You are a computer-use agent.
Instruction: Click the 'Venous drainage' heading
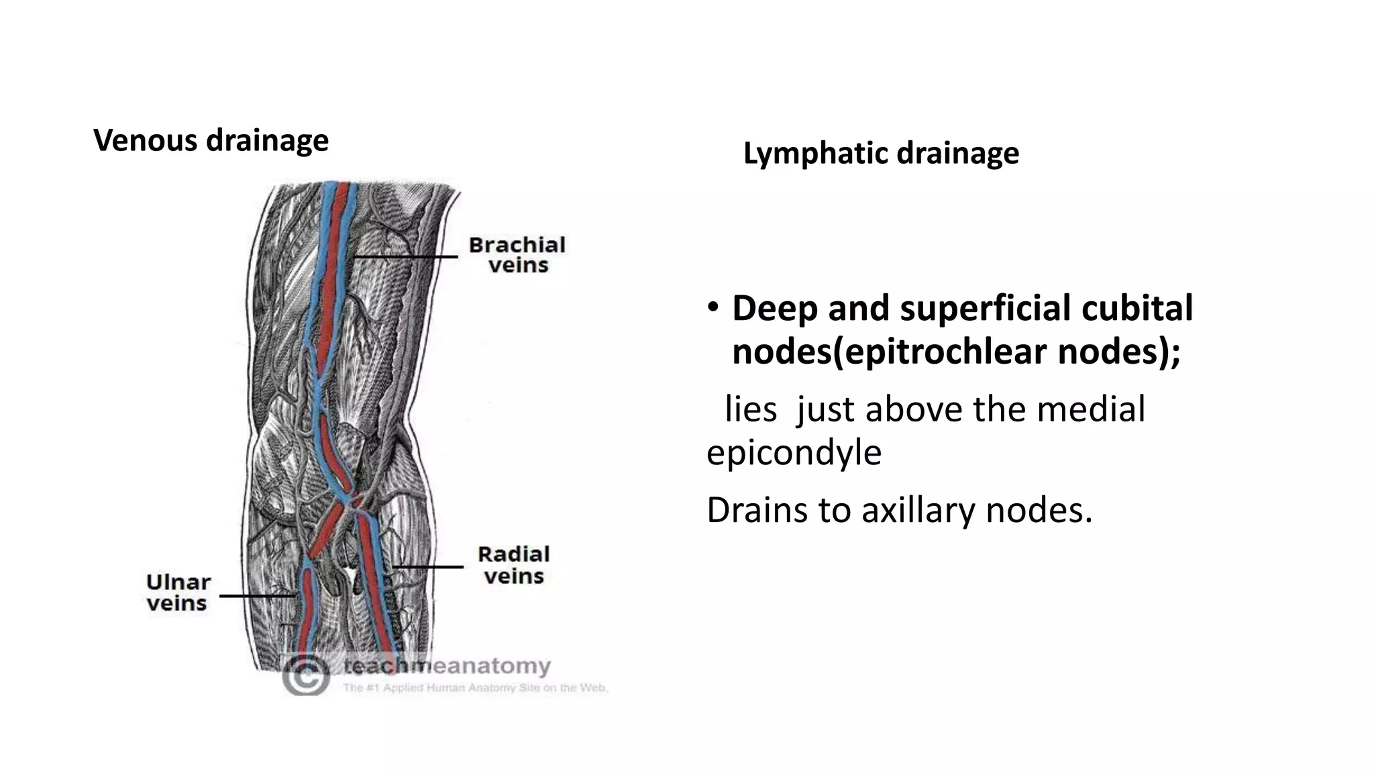click(x=211, y=141)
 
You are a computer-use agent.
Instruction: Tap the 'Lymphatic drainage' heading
click(x=881, y=154)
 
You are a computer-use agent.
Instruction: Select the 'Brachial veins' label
click(x=517, y=255)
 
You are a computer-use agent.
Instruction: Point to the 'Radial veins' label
click(x=514, y=565)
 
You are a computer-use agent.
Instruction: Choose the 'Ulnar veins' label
click(x=178, y=592)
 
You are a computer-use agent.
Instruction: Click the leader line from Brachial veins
click(x=405, y=256)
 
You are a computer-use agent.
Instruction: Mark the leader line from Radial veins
click(x=427, y=567)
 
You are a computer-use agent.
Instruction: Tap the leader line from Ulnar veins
click(x=258, y=595)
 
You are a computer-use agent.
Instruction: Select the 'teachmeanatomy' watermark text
click(x=447, y=666)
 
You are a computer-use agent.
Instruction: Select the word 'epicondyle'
click(x=794, y=453)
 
